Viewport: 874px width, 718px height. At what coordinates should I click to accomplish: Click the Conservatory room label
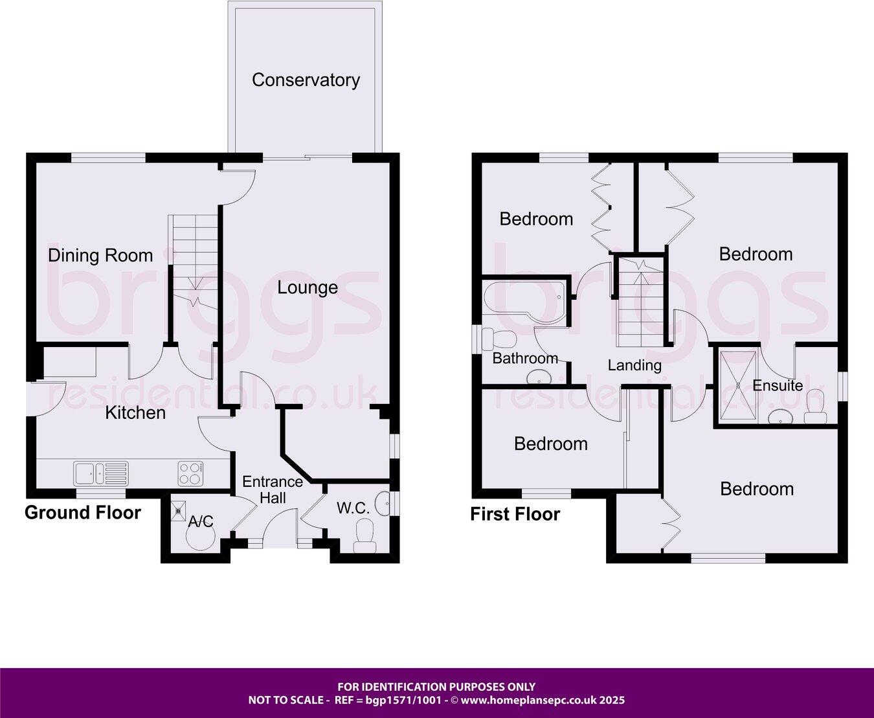click(306, 80)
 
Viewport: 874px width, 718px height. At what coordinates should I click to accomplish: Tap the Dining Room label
click(100, 256)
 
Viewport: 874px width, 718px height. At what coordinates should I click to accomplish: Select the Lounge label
click(308, 287)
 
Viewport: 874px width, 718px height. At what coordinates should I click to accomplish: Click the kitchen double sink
click(101, 473)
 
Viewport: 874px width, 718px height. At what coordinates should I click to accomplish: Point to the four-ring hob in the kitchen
click(190, 473)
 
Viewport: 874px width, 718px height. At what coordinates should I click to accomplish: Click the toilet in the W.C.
click(364, 538)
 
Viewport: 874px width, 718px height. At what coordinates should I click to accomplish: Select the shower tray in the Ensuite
click(737, 385)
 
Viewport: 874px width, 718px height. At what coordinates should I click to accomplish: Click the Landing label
click(634, 365)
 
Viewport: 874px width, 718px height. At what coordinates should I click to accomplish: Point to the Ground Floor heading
click(83, 513)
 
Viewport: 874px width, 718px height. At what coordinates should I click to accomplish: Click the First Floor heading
click(515, 515)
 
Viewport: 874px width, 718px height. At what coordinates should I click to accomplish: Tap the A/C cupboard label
click(201, 522)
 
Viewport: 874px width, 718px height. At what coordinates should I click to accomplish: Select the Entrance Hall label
click(273, 489)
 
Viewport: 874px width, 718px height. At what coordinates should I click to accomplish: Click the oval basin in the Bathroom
click(539, 377)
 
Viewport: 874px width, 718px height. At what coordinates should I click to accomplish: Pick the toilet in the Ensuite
click(814, 412)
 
